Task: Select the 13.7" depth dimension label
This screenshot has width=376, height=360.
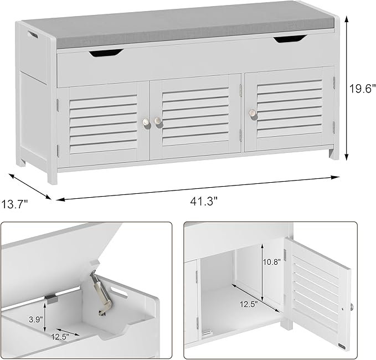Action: point(15,204)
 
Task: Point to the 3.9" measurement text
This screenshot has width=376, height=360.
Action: point(35,320)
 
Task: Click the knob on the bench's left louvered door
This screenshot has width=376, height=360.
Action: point(146,121)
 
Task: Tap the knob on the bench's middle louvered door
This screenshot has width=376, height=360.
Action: point(158,120)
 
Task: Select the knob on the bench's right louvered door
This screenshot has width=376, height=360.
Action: point(253,113)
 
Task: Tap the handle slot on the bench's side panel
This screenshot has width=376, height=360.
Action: point(33,34)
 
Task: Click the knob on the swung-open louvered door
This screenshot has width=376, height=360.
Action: point(352,306)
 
